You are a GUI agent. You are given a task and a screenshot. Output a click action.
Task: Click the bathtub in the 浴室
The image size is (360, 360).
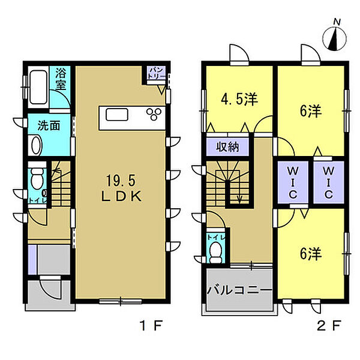(38, 87)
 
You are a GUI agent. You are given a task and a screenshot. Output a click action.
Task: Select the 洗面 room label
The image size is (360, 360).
(49, 125)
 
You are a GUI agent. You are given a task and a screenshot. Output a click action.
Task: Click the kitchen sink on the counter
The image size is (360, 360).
(117, 115)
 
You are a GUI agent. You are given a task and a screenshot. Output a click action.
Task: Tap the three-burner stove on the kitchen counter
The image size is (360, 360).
(154, 114)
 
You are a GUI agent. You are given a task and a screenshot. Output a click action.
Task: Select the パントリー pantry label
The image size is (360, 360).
(157, 73)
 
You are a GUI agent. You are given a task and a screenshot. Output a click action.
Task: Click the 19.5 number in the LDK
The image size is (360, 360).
(121, 180)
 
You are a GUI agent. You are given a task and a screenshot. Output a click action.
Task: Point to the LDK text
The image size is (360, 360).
(121, 197)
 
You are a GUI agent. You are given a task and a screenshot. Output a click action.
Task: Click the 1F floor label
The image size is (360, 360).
(152, 325)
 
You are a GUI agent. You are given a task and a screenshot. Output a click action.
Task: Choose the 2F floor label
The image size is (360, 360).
(329, 325)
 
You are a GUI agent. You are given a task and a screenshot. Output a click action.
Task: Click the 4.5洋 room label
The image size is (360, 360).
(239, 100)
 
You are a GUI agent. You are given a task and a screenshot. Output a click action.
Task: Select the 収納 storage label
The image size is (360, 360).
(227, 147)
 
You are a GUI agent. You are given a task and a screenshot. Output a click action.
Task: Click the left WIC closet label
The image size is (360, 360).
(293, 183)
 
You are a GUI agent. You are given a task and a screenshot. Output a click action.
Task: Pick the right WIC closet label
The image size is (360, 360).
(329, 183)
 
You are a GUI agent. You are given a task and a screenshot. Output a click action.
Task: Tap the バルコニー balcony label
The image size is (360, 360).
(239, 290)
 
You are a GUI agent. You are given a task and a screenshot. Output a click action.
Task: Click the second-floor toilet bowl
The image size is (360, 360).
(216, 252)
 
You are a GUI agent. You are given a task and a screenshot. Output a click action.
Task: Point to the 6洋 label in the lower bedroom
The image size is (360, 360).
(311, 254)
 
